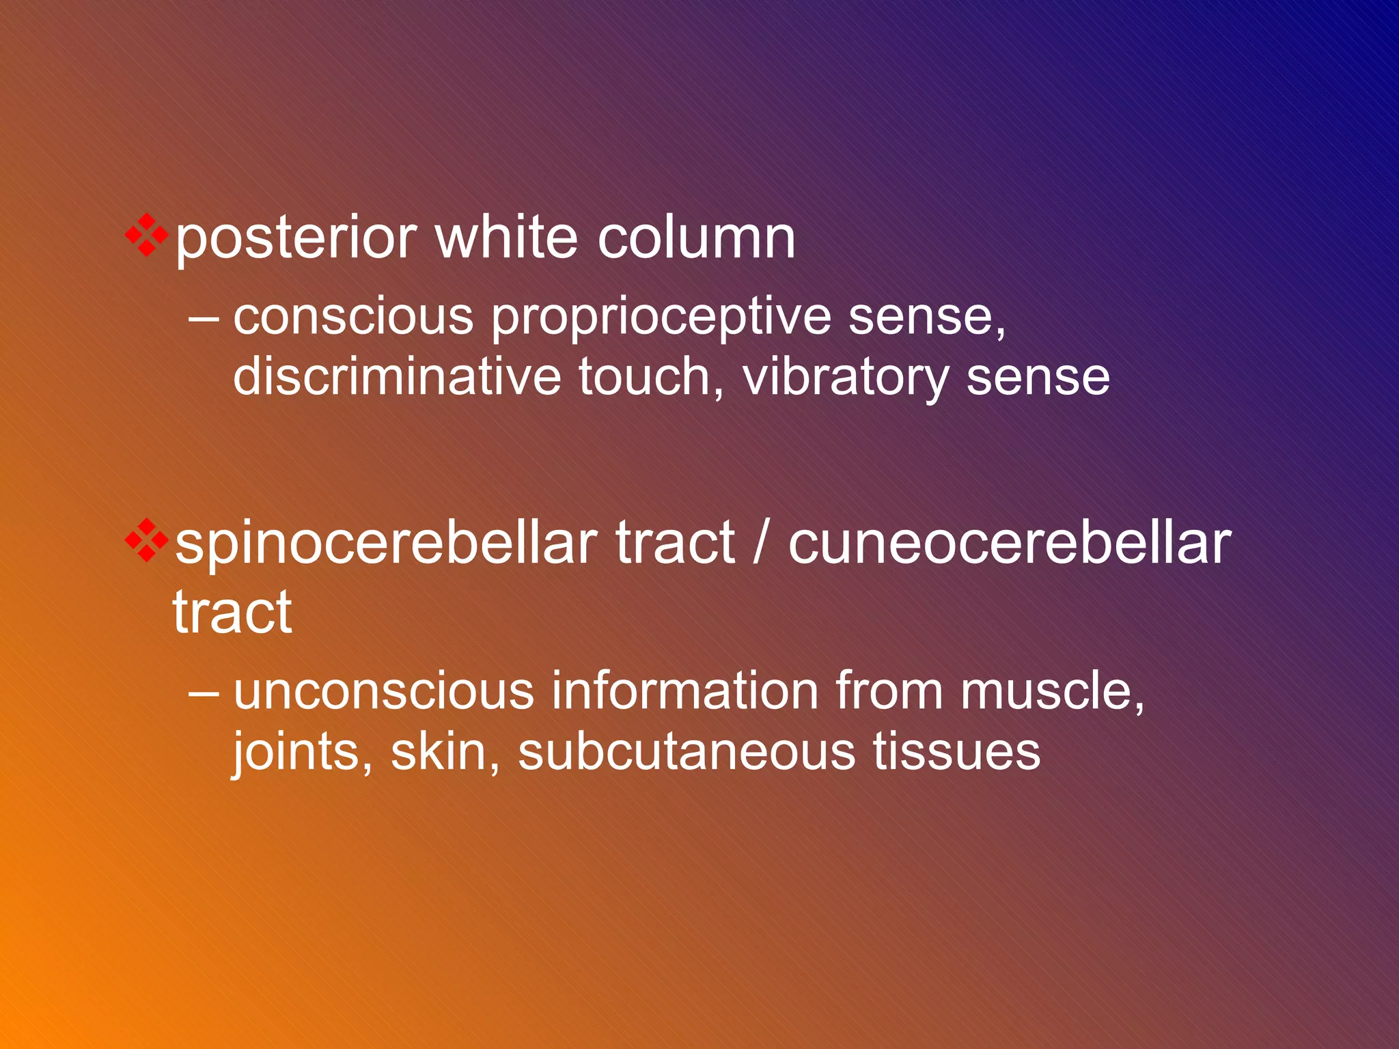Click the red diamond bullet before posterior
click(146, 235)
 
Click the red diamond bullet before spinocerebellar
click(146, 540)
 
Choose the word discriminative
click(396, 377)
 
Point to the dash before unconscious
click(204, 691)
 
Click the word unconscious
click(383, 691)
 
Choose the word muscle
click(1052, 691)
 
